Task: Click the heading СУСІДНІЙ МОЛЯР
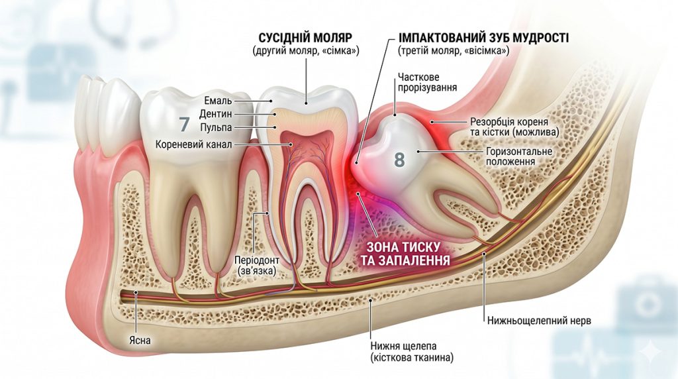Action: point(305,38)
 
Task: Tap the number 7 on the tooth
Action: point(184,124)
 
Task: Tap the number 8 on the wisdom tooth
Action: point(399,159)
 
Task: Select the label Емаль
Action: point(218,101)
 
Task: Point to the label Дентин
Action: point(216,114)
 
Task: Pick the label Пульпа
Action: point(217,127)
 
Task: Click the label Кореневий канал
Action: point(194,144)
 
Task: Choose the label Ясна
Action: point(140,341)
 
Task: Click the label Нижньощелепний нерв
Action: point(539,321)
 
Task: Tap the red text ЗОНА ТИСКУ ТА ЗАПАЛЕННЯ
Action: point(403,254)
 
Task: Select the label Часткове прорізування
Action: point(427,82)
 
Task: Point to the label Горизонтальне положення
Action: point(519,156)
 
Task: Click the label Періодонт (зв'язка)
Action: point(257,265)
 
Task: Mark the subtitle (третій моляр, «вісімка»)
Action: point(453,50)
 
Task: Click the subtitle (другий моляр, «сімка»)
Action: point(306,50)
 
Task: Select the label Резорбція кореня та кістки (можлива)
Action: point(514,127)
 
